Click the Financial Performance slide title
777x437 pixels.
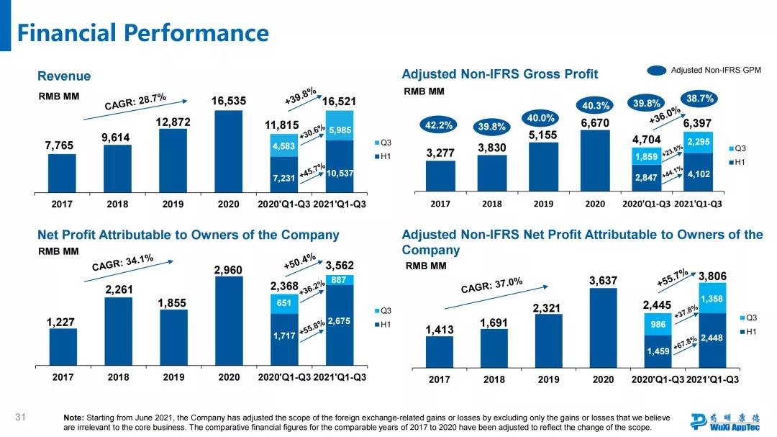point(142,33)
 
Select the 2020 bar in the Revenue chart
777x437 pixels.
point(228,151)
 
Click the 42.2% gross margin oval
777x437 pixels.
point(440,125)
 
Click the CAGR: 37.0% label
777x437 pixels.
point(491,286)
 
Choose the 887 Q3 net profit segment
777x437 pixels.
point(340,280)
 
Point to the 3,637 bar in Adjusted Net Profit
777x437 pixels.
point(603,327)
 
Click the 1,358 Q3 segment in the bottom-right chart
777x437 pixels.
point(712,299)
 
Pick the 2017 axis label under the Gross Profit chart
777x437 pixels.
point(440,204)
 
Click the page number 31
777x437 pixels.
point(20,417)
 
